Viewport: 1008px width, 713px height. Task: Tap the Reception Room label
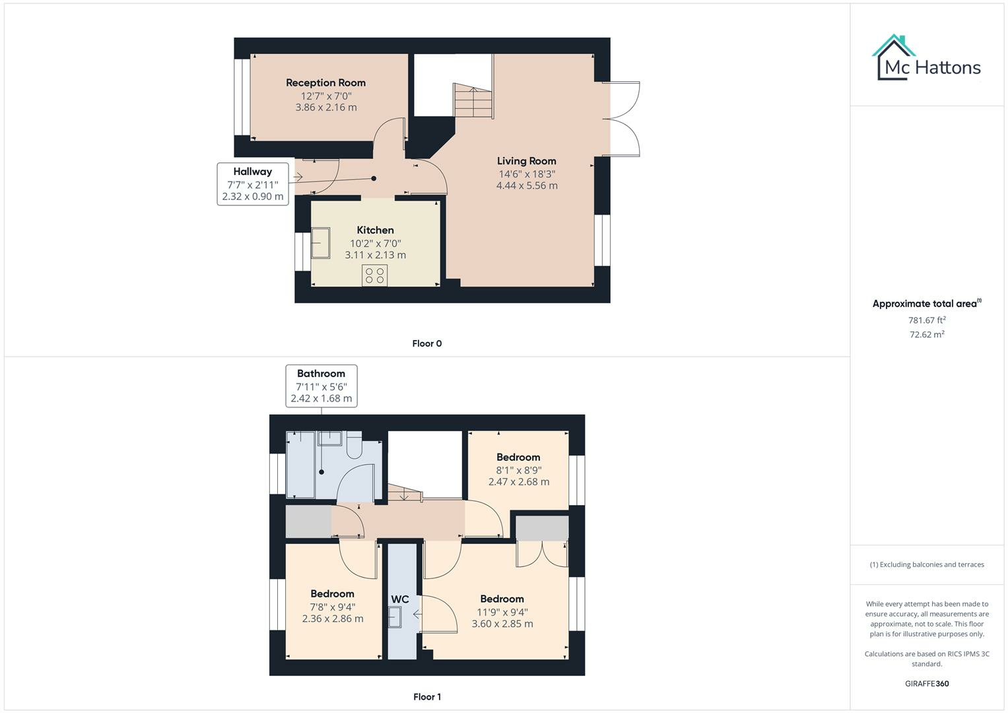click(325, 83)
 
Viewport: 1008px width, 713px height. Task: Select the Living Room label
click(526, 161)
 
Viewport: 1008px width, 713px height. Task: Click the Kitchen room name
click(375, 230)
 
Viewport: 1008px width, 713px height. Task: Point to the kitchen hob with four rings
click(374, 275)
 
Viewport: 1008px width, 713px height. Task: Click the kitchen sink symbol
click(321, 243)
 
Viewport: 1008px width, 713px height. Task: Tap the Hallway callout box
click(252, 184)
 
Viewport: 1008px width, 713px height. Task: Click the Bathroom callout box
click(321, 386)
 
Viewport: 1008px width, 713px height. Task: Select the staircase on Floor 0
click(473, 102)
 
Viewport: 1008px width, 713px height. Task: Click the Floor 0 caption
click(426, 343)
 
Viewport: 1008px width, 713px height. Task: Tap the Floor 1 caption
click(426, 696)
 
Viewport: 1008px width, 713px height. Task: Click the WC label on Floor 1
click(400, 599)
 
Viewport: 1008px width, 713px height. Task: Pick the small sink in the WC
click(395, 617)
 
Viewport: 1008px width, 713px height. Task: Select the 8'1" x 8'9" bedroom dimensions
click(518, 470)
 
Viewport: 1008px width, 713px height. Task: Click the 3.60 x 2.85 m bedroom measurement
click(502, 623)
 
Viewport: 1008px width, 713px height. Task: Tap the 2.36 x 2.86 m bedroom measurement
click(332, 619)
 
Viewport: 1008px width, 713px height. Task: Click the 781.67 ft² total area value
click(926, 320)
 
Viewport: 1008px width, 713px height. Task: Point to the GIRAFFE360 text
click(926, 683)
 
